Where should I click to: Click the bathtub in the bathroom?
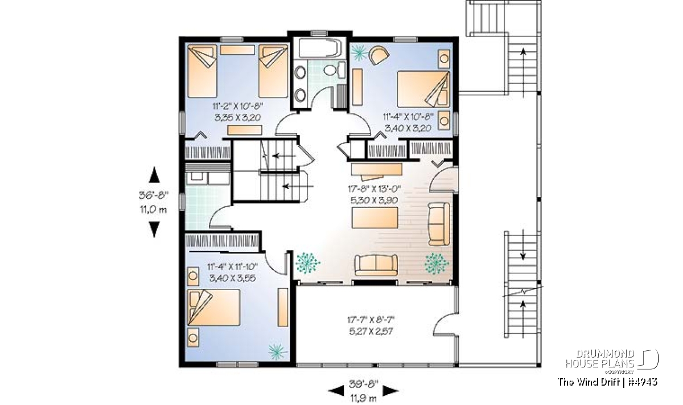tap(319, 48)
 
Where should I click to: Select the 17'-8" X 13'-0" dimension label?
tap(374, 189)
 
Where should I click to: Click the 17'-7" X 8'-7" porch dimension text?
tap(371, 320)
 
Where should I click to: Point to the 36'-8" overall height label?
tap(154, 195)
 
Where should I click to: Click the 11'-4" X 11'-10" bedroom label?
tap(232, 267)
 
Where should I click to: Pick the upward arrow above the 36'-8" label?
tap(154, 174)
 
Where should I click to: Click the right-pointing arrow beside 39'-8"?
tap(390, 391)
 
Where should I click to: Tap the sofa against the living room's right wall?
tap(439, 224)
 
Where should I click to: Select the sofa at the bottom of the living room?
tap(376, 265)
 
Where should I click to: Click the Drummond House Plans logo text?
tap(600, 359)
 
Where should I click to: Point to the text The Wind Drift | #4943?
tap(608, 382)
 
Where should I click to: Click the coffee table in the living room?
tap(375, 218)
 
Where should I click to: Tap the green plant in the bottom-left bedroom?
tap(278, 351)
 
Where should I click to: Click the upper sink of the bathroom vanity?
tap(301, 73)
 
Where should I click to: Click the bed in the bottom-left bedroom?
tap(213, 308)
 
